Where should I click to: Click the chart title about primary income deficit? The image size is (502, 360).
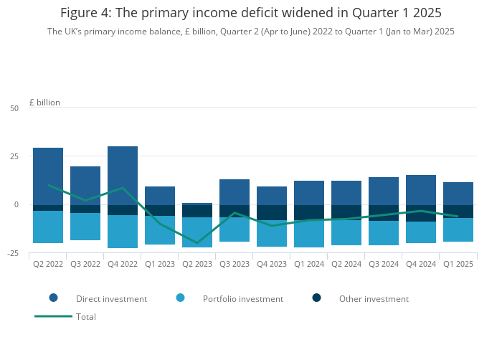pyautogui.click(x=251, y=13)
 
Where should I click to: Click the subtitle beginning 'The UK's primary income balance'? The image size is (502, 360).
pyautogui.click(x=251, y=32)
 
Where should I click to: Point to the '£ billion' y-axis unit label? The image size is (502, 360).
pyautogui.click(x=44, y=103)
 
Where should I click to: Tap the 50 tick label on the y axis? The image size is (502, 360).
pyautogui.click(x=14, y=108)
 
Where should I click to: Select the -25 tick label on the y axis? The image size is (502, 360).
pyautogui.click(x=12, y=253)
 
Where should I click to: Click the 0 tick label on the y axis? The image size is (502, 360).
pyautogui.click(x=16, y=205)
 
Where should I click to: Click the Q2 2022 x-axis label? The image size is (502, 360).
pyautogui.click(x=48, y=264)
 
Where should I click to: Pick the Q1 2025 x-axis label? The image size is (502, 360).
pyautogui.click(x=458, y=264)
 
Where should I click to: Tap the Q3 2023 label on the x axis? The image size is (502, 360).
pyautogui.click(x=235, y=264)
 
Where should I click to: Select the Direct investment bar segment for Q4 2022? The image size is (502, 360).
pyautogui.click(x=123, y=176)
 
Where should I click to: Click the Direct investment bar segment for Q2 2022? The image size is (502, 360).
pyautogui.click(x=48, y=176)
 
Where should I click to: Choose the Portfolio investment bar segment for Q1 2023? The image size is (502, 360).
pyautogui.click(x=160, y=230)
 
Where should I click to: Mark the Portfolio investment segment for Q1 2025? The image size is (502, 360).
pyautogui.click(x=458, y=229)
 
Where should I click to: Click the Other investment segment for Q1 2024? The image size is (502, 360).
pyautogui.click(x=309, y=212)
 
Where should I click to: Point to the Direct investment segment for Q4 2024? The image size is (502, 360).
pyautogui.click(x=421, y=190)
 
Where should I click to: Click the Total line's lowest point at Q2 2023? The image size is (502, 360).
pyautogui.click(x=197, y=243)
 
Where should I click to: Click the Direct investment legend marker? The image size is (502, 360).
pyautogui.click(x=53, y=298)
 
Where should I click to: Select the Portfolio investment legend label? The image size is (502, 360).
pyautogui.click(x=243, y=299)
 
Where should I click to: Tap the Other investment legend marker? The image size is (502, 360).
pyautogui.click(x=316, y=298)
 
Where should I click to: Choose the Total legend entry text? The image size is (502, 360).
pyautogui.click(x=86, y=316)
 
